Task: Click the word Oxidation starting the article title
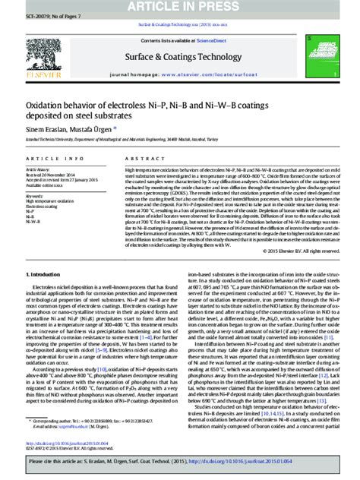46,107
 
